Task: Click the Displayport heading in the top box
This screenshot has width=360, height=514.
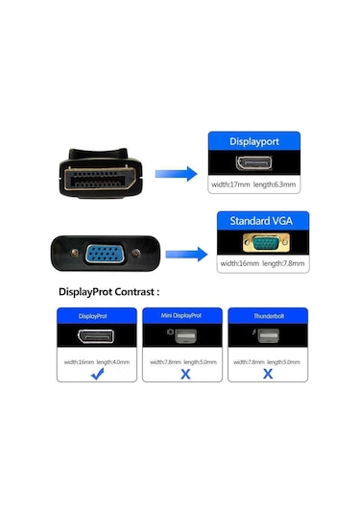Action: tap(254, 140)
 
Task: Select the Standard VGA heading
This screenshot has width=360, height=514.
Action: tap(254, 222)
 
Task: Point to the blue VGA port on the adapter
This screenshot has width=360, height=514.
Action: tap(102, 257)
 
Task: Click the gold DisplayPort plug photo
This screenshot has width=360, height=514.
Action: tap(101, 180)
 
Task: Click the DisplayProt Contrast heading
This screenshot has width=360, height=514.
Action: tap(108, 291)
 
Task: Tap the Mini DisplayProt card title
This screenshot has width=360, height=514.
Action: tap(181, 315)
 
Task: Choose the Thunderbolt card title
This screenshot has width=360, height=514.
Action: tap(265, 315)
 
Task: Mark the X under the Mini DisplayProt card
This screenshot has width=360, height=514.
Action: tap(181, 375)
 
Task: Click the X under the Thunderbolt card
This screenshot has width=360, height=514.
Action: tap(265, 375)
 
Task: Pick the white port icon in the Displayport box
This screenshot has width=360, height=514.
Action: tap(254, 162)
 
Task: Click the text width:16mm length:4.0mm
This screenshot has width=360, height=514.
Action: tap(97, 361)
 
